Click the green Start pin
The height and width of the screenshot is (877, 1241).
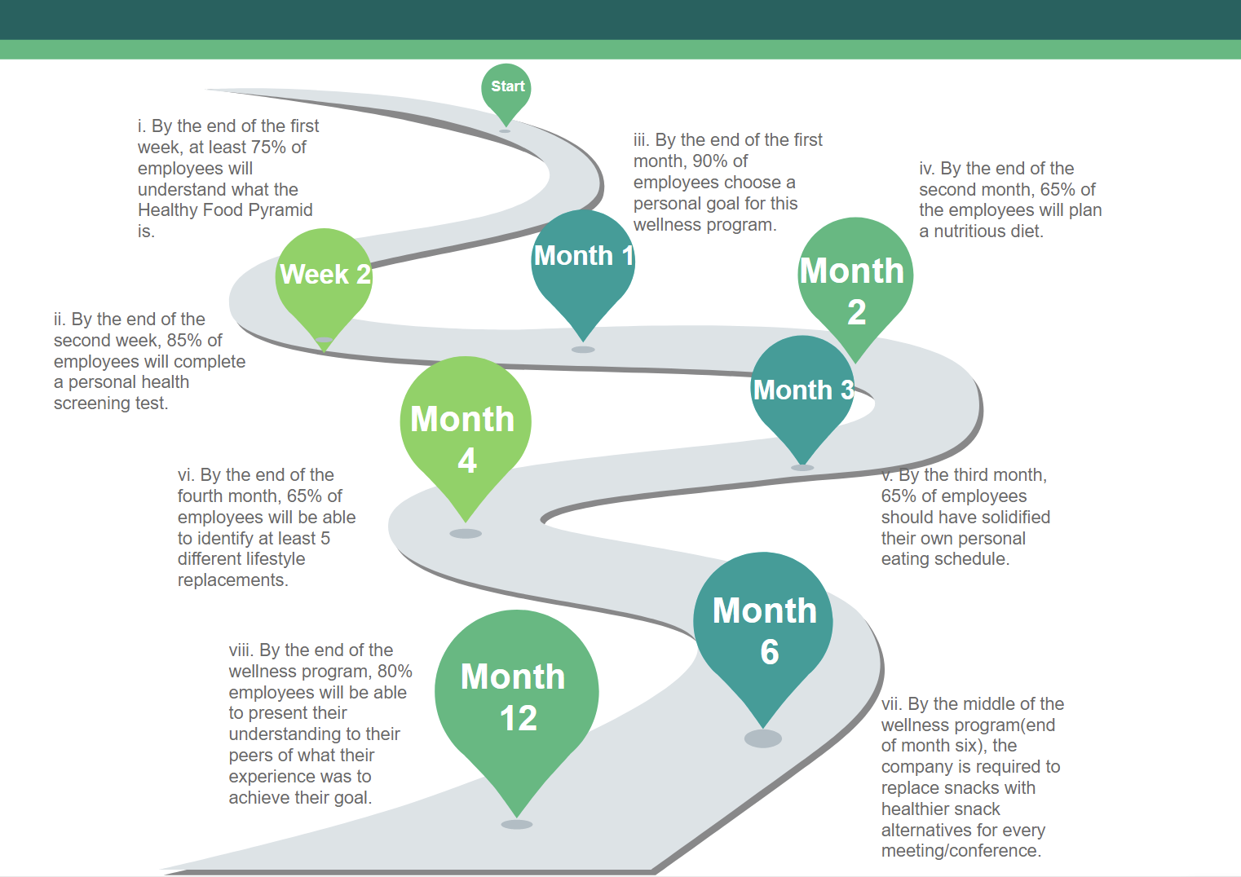[506, 88]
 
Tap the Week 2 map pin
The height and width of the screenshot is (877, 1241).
[325, 277]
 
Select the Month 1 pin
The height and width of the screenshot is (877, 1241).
[583, 261]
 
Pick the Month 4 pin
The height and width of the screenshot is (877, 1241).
[465, 428]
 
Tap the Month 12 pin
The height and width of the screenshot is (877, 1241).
[516, 693]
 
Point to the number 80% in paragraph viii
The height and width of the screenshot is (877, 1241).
[395, 672]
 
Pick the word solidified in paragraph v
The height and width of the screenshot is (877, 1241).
[1009, 518]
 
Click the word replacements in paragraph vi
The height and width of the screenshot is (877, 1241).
[232, 580]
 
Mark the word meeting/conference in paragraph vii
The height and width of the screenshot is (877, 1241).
[960, 851]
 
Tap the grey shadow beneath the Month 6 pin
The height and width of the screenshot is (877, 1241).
[763, 739]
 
